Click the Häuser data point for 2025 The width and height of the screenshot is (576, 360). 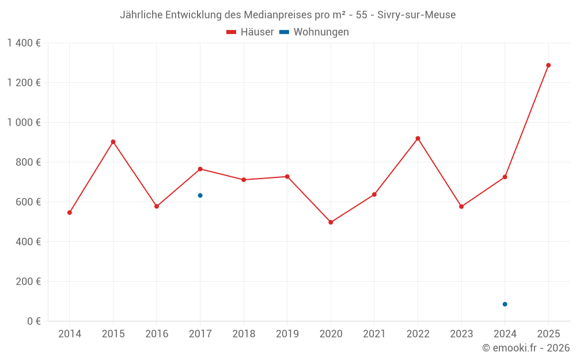548,65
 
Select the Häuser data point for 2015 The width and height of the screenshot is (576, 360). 113,142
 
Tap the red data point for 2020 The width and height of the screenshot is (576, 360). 331,222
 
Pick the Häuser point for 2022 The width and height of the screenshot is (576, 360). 418,138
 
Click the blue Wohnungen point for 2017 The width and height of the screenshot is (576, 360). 200,195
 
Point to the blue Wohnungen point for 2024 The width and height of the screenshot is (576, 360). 505,304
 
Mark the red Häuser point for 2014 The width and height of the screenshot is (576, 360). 70,213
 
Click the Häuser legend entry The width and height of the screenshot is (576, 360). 250,32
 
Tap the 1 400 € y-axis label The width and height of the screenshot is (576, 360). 24,43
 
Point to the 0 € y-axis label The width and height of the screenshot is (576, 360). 32,321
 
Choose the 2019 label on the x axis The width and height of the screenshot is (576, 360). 287,334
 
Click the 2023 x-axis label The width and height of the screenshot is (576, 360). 461,334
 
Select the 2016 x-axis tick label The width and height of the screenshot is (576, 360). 157,334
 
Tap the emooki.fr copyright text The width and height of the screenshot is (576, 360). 526,348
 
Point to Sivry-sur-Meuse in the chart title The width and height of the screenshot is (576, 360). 416,15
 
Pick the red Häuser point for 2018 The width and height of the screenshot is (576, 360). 244,180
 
